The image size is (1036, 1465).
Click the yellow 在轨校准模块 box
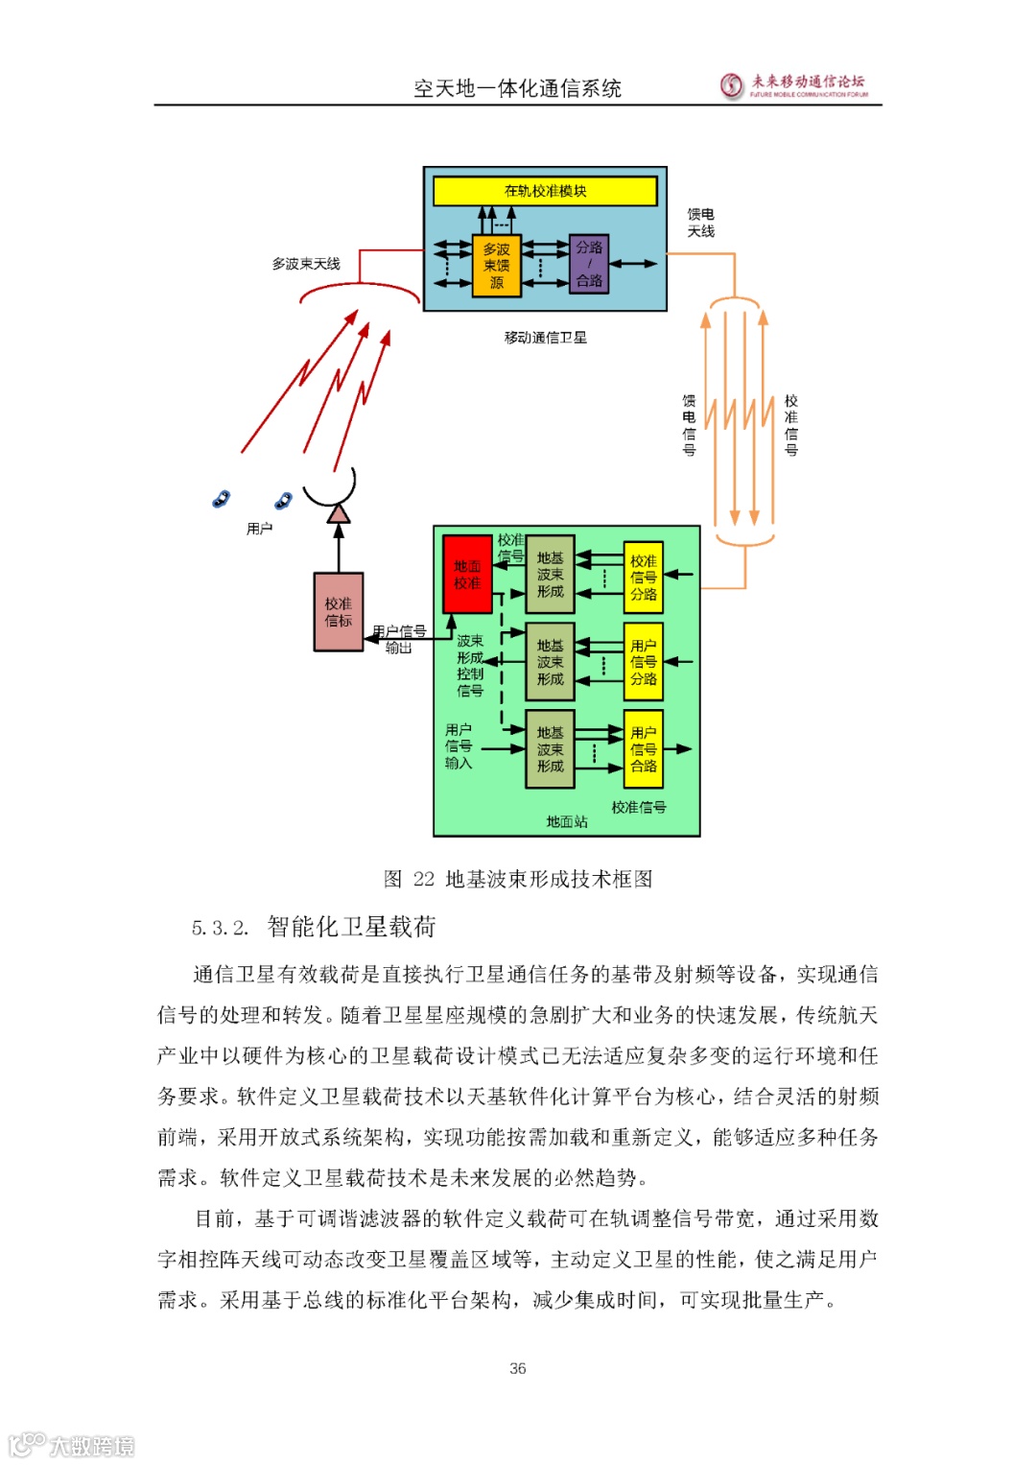pyautogui.click(x=545, y=191)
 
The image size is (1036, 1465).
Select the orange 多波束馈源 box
pyautogui.click(x=496, y=266)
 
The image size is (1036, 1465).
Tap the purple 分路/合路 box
pyautogui.click(x=589, y=264)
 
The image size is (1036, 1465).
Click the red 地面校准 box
pyautogui.click(x=467, y=574)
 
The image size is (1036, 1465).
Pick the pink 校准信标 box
pyautogui.click(x=339, y=612)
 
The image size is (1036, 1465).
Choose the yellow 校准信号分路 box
pyautogui.click(x=644, y=578)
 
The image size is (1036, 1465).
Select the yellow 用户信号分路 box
pyautogui.click(x=644, y=662)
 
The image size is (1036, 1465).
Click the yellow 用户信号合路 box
pyautogui.click(x=644, y=749)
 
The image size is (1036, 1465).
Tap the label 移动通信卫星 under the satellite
pyautogui.click(x=545, y=338)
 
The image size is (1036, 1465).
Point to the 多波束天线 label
pyautogui.click(x=306, y=264)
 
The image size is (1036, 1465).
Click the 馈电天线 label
pyautogui.click(x=700, y=223)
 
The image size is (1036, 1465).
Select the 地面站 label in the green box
pyautogui.click(x=567, y=822)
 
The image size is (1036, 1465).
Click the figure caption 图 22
pyautogui.click(x=518, y=879)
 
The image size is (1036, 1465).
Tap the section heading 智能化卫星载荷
pyautogui.click(x=351, y=927)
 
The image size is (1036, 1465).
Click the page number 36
pyautogui.click(x=518, y=1368)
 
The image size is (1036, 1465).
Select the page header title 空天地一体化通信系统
pyautogui.click(x=518, y=89)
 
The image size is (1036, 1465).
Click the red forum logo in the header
pyautogui.click(x=732, y=85)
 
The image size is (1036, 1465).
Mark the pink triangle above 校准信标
pyautogui.click(x=338, y=514)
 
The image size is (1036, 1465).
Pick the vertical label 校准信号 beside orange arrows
pyautogui.click(x=790, y=424)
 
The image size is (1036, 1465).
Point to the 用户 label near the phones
pyautogui.click(x=259, y=529)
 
